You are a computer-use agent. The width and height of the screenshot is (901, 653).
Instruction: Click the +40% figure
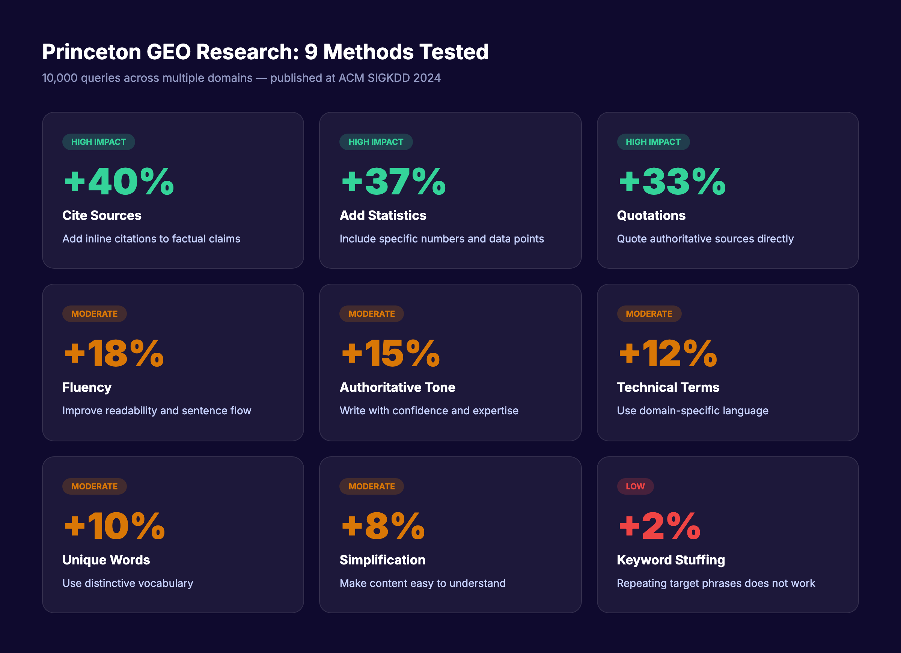(119, 182)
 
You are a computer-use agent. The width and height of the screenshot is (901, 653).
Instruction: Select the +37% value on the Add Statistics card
(393, 182)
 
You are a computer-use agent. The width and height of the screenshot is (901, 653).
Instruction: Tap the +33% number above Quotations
(672, 182)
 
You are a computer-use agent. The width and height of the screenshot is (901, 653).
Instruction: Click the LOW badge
(635, 486)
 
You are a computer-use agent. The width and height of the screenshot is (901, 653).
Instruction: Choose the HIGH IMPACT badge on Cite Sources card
(98, 142)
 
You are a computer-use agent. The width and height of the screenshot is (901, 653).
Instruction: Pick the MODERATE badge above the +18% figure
(94, 314)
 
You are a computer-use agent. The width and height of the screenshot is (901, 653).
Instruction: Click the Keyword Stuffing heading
(670, 560)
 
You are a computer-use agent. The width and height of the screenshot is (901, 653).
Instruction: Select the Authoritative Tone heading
(397, 387)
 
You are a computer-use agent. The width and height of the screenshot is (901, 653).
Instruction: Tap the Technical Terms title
(668, 387)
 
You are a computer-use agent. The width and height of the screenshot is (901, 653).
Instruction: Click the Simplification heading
(382, 560)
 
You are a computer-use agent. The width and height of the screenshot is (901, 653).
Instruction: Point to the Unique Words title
(106, 560)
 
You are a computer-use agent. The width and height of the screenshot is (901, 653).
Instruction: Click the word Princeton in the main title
(91, 52)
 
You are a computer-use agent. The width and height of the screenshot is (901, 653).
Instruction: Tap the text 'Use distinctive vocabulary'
(128, 583)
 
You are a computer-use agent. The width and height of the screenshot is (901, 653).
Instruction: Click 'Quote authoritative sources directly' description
(705, 239)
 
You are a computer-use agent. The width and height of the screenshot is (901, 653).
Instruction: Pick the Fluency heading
(87, 387)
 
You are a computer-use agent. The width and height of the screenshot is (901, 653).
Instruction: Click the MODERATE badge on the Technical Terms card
(649, 314)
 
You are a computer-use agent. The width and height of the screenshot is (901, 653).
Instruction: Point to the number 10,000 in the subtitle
(60, 78)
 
